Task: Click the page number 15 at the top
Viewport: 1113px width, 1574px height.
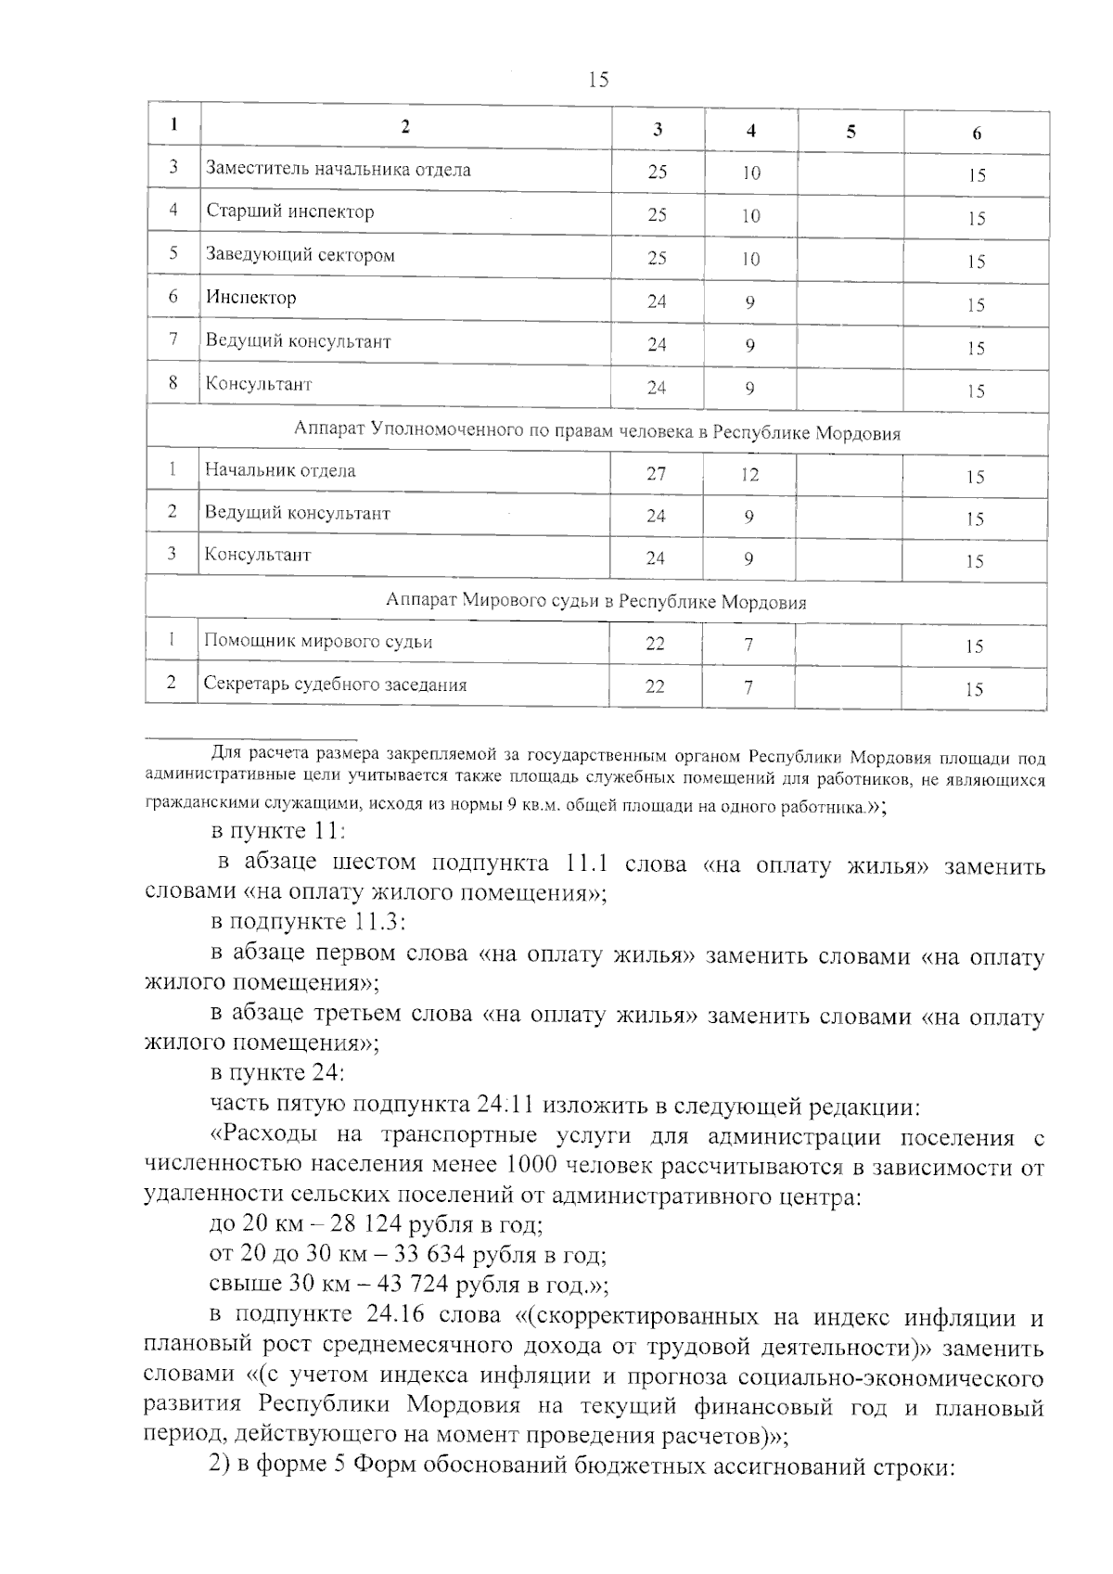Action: point(598,80)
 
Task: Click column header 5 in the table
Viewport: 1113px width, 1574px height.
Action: point(851,131)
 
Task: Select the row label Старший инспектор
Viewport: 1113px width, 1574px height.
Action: point(290,211)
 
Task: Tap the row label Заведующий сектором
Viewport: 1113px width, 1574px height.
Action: point(300,255)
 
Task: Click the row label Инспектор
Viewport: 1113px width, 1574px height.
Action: point(250,298)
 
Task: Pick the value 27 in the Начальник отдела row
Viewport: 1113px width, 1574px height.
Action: point(656,474)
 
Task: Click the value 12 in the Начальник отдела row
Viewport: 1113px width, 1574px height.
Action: point(749,475)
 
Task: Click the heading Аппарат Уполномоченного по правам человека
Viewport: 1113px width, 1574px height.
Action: point(596,432)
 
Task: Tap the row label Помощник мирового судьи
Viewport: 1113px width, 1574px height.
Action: point(318,642)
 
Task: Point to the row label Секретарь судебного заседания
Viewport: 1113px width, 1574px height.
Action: point(335,685)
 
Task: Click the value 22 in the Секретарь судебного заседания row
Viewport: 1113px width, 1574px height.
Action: point(655,686)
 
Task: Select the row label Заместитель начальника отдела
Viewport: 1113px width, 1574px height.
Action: point(338,170)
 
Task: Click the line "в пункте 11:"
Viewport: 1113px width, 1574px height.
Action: point(278,830)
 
